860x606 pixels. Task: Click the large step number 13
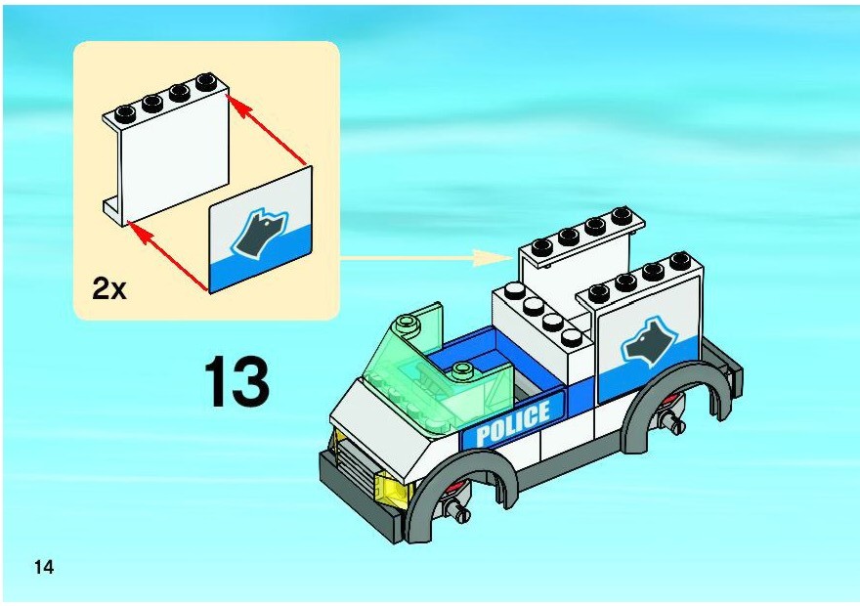236,382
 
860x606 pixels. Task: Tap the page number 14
44,567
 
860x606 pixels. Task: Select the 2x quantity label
109,288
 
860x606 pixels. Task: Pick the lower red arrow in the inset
168,255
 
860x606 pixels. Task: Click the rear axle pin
673,420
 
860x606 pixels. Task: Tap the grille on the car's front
356,465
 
